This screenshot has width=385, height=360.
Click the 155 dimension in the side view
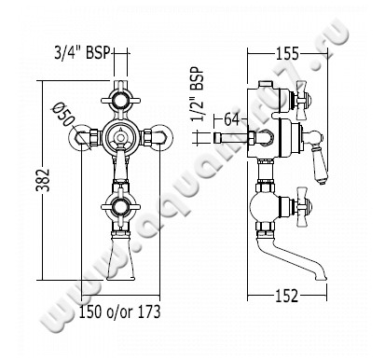coord(287,54)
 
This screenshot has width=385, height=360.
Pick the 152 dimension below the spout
coord(287,296)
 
